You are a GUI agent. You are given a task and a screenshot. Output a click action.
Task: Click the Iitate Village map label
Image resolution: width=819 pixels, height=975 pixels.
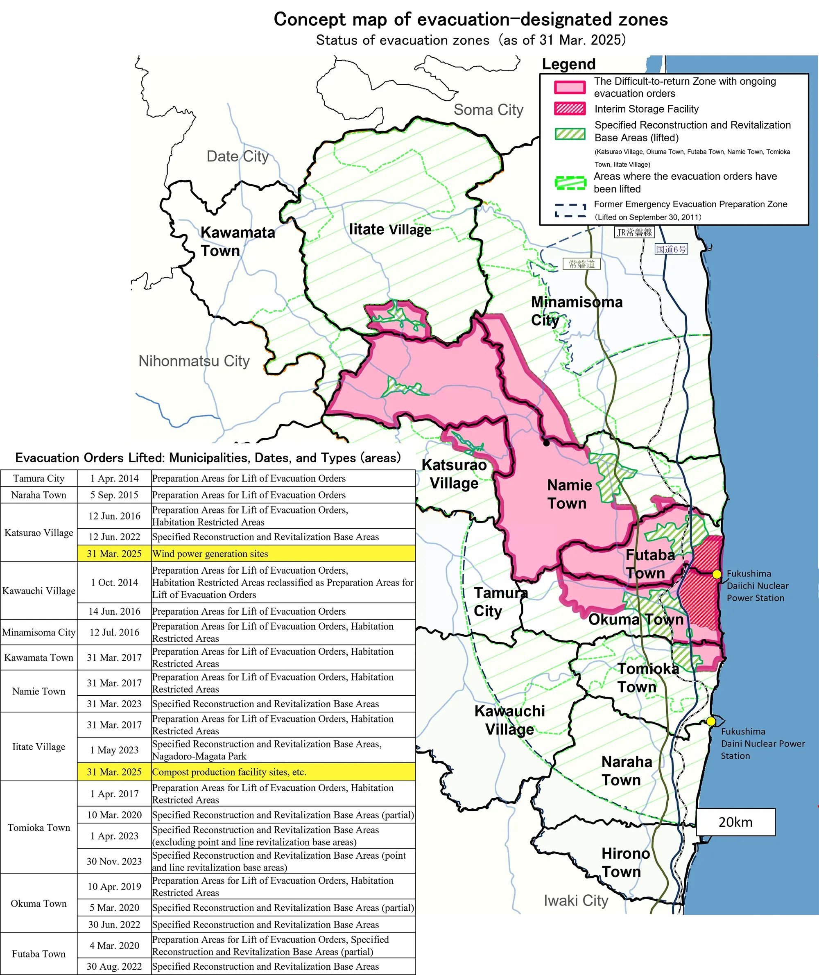(390, 229)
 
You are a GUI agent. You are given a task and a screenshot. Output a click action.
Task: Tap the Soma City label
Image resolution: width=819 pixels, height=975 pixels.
(489, 110)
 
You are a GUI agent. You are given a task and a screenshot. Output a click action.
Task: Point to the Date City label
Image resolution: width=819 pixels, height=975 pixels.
(237, 156)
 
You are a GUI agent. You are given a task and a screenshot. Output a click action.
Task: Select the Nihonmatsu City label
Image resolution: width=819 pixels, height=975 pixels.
(194, 361)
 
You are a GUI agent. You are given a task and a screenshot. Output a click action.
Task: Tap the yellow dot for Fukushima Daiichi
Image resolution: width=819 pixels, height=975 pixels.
(717, 575)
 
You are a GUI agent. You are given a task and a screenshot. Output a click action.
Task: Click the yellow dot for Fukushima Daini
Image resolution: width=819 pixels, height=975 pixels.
(711, 721)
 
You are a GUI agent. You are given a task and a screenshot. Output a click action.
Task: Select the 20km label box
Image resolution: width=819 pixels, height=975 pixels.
(735, 822)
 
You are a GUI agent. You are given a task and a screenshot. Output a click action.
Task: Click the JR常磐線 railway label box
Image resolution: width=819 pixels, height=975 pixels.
(634, 232)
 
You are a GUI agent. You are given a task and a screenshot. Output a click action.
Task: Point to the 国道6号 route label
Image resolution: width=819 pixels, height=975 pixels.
(671, 249)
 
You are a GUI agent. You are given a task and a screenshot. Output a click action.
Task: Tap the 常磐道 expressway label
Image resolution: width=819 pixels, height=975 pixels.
(582, 264)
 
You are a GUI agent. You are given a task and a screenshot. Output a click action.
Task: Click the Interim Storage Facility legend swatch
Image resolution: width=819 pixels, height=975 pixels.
(570, 109)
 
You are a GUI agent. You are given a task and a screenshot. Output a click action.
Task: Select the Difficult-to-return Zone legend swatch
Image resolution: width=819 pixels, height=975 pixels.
(570, 87)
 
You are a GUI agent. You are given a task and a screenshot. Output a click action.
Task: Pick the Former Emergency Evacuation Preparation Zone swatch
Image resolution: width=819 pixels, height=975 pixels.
(570, 210)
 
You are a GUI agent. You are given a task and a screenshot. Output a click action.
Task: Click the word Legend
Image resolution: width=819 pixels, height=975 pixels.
(569, 64)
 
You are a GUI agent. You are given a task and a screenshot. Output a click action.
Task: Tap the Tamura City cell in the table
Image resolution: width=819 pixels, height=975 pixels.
(39, 478)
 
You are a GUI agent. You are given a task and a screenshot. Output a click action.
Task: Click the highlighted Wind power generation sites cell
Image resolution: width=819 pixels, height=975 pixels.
(283, 554)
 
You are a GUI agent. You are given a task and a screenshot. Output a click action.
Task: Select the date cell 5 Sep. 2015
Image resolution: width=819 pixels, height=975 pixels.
(114, 495)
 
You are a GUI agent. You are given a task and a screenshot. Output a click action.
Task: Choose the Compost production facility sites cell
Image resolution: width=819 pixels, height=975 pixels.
(283, 772)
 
